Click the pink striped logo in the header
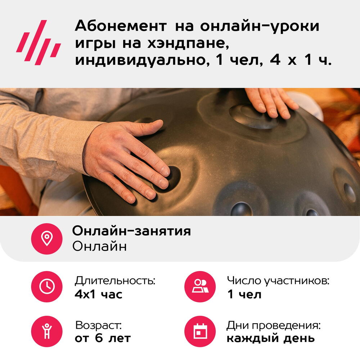point(39,42)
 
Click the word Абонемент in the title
point(121,26)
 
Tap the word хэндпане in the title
point(188,43)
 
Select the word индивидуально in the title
point(142,60)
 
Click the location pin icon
point(47,239)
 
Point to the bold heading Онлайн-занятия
point(131,231)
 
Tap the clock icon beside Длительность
point(47,287)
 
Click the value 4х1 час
point(99,294)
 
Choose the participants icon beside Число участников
point(200,287)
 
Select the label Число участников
point(278,281)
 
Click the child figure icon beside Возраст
point(47,331)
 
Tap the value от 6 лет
point(103,338)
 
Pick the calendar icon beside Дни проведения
point(200,331)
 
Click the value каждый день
point(271,338)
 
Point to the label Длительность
point(115,280)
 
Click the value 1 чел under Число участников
point(244,294)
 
